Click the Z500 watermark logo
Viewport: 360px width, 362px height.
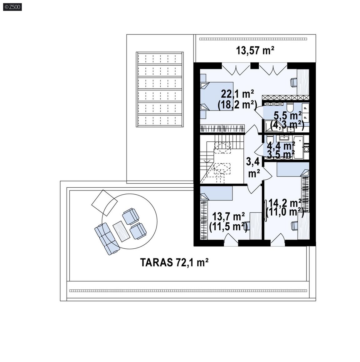pos(12,7)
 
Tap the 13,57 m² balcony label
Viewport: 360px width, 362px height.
pos(255,50)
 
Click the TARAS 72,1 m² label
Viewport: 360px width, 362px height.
pos(174,262)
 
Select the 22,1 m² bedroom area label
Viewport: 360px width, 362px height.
pos(237,94)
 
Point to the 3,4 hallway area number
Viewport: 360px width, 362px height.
pos(253,162)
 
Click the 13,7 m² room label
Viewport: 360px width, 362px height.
pos(228,217)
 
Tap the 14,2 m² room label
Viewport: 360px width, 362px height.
pos(285,203)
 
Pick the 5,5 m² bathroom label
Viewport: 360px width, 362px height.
pos(287,115)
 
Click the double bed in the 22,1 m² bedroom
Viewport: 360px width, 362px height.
pos(217,96)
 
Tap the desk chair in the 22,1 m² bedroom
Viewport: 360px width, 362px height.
pos(293,83)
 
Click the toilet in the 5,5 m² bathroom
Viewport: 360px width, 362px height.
pos(290,107)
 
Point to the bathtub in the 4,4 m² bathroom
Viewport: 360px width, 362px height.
pos(298,148)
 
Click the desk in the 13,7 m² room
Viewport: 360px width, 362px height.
pos(256,226)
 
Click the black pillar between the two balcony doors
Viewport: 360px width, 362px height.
pos(255,66)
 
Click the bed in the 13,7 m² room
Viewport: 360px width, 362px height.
pos(216,193)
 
